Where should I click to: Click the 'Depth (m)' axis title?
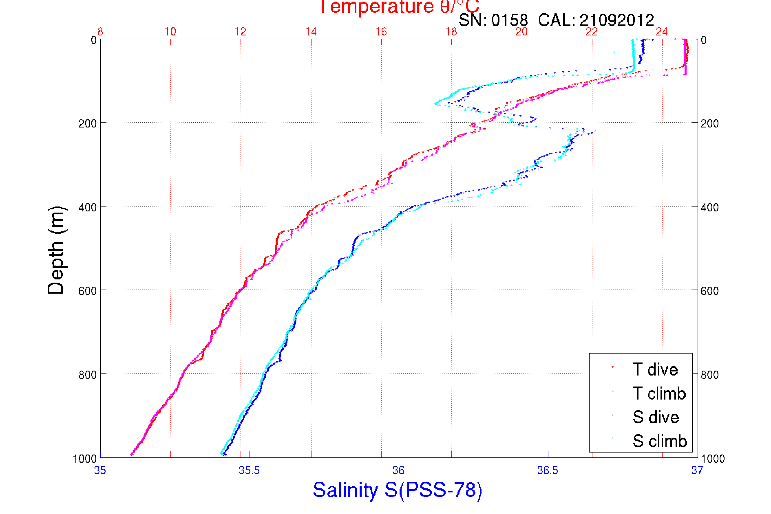click(56, 250)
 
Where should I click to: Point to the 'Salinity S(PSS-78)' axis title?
click(398, 490)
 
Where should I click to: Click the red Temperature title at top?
click(399, 7)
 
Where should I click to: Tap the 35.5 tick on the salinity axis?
click(249, 470)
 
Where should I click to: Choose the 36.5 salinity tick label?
click(548, 470)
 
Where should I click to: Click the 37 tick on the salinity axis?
click(697, 470)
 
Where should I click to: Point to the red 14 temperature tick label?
click(311, 32)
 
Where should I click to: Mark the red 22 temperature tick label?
click(592, 32)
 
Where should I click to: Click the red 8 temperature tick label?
click(100, 32)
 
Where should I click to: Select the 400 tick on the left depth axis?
click(88, 207)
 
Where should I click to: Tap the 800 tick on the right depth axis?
click(709, 374)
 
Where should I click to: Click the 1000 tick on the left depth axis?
click(85, 459)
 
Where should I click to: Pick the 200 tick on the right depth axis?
click(709, 123)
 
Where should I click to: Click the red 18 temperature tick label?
click(451, 32)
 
